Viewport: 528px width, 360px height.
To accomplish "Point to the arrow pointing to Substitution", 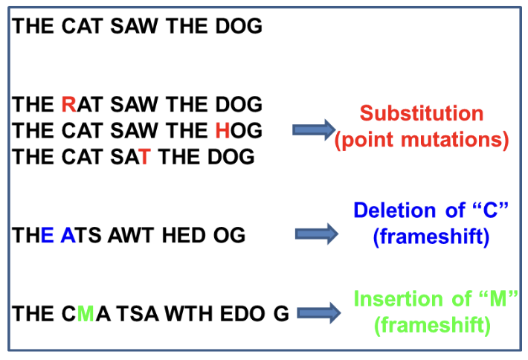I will click(x=313, y=130).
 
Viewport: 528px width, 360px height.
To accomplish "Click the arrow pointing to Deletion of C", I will click(x=317, y=234).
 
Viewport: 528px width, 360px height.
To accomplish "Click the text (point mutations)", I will click(x=422, y=141).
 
